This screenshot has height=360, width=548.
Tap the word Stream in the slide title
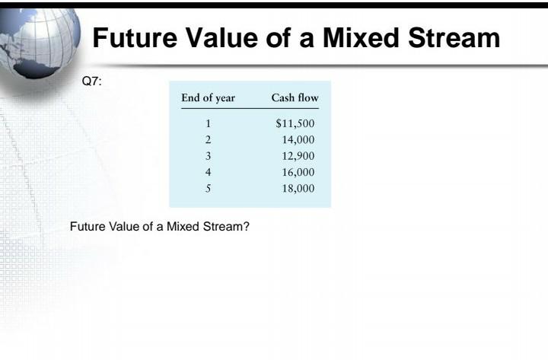456,37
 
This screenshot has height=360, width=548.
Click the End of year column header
208,98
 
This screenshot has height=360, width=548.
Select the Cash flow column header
295,98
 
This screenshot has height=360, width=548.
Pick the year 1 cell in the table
208,124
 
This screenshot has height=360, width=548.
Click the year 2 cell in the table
208,140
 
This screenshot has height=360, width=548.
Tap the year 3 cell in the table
208,156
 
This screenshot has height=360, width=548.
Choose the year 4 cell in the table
208,172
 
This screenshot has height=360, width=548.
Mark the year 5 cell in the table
208,188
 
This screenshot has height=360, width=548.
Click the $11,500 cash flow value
295,124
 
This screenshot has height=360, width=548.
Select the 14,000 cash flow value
298,140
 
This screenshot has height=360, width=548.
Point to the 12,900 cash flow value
298,156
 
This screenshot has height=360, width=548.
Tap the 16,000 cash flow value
298,172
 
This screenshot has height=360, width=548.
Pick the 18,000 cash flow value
298,188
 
